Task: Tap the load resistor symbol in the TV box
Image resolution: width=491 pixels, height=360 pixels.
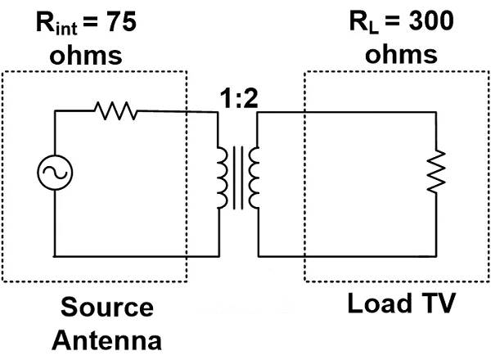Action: (x=438, y=169)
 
